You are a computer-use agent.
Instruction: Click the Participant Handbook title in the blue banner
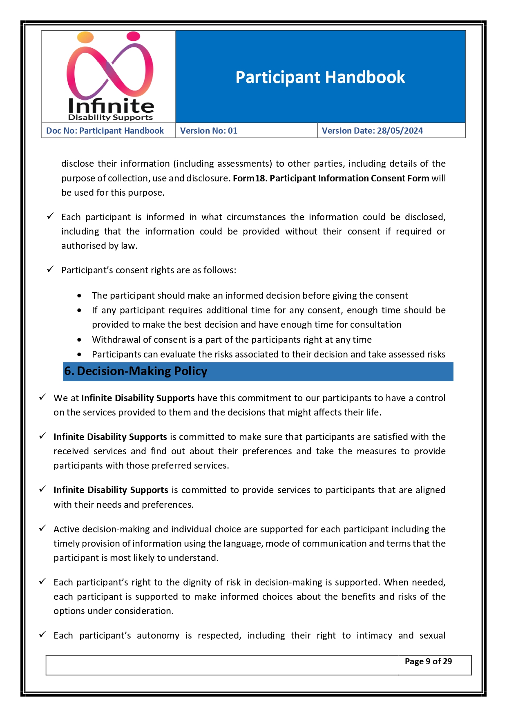point(320,77)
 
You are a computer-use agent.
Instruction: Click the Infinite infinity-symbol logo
point(109,66)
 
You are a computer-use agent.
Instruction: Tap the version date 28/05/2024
point(400,131)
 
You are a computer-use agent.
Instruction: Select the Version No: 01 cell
point(209,131)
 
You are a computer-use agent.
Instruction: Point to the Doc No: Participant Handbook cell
point(105,131)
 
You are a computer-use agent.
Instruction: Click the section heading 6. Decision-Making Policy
point(136,371)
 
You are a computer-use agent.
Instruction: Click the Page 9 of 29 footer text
point(428,661)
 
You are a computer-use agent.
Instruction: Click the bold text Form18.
point(249,178)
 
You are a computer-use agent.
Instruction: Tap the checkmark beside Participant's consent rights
point(50,269)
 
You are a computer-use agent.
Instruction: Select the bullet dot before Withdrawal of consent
point(79,340)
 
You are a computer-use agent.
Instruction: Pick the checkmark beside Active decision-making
point(42,528)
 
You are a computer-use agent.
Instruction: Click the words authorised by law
point(99,246)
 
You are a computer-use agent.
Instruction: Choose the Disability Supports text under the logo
point(110,118)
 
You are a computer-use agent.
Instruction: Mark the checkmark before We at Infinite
point(42,397)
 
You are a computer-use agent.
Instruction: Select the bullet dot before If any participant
point(79,310)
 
